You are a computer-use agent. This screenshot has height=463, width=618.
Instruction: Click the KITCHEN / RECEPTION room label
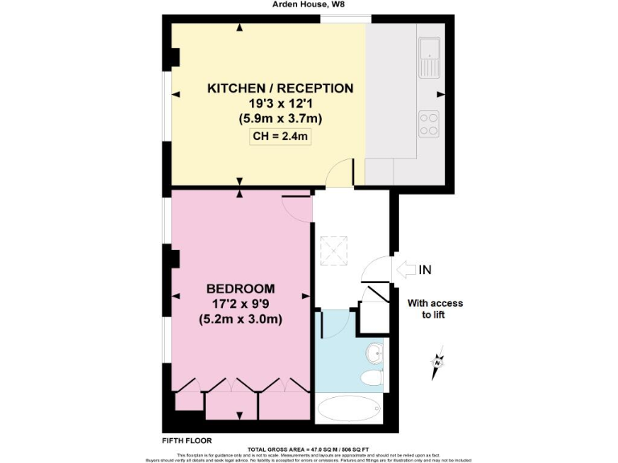coord(280,88)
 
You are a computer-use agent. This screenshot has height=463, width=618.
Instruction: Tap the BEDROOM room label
coord(241,289)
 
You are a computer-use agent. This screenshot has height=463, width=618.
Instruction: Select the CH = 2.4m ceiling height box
coord(281,137)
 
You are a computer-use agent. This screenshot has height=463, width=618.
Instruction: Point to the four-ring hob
coord(429,123)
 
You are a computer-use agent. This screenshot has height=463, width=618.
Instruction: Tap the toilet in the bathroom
coord(372,379)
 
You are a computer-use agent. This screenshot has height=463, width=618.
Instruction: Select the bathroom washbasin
coord(375,353)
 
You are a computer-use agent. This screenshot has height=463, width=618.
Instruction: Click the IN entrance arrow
coord(406,270)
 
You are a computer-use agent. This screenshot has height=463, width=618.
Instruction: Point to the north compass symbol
coord(437,364)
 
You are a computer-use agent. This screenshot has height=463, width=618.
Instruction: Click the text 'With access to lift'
coord(435,309)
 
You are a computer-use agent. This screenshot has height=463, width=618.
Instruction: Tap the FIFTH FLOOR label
coord(186,440)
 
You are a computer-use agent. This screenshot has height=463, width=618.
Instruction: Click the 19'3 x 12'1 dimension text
coord(280,103)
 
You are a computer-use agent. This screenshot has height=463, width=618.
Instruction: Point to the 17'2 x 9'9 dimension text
coord(241,304)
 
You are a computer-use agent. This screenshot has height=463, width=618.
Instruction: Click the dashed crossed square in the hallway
coord(333,251)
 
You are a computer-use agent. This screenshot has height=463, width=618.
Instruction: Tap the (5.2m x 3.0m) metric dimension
coord(241,319)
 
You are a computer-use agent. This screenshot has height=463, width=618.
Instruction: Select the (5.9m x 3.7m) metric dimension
coord(280,118)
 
